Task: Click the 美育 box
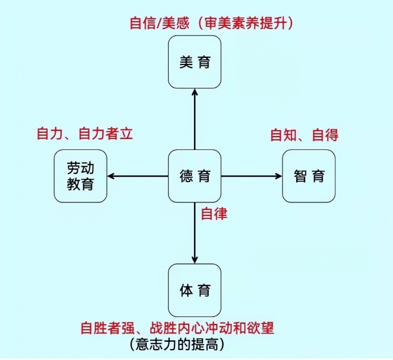[x=195, y=62]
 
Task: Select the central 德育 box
[x=195, y=176]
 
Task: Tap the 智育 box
[x=309, y=176]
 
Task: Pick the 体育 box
[x=195, y=290]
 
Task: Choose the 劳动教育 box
[x=81, y=176]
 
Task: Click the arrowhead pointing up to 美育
[x=195, y=93]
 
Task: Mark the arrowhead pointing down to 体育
[x=195, y=259]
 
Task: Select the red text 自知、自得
[x=305, y=134]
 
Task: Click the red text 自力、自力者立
[x=85, y=133]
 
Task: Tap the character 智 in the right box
[x=300, y=176]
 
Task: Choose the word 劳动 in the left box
[x=81, y=169]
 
